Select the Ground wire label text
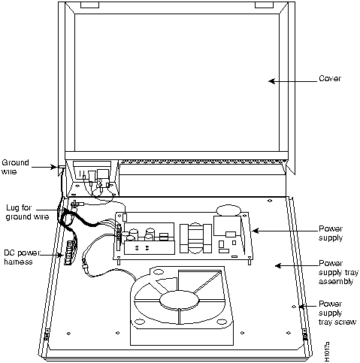tap(16, 165)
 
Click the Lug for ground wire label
tap(23, 211)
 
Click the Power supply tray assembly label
tap(334, 274)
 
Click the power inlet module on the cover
tap(90, 176)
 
